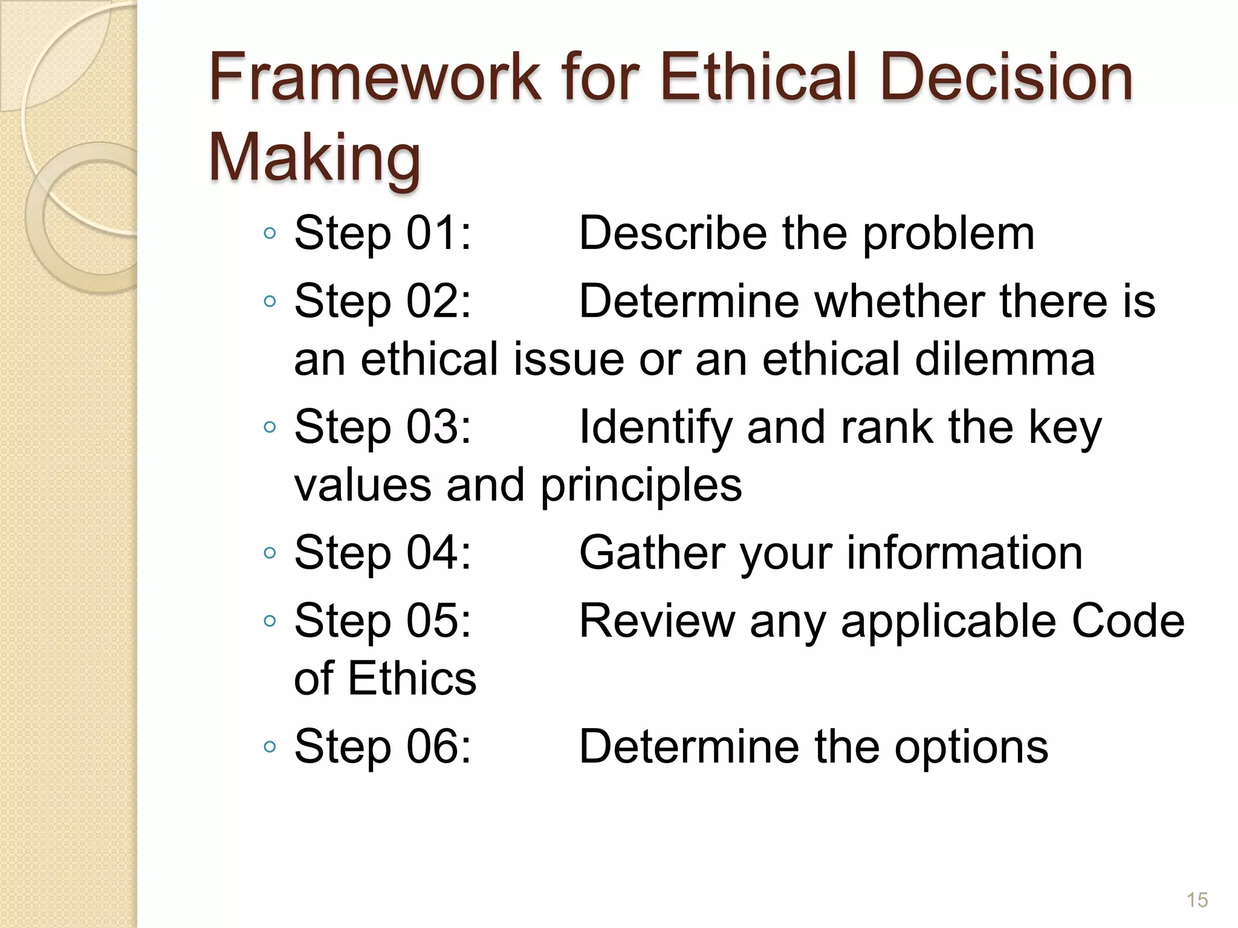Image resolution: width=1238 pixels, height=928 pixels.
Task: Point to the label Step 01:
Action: pyautogui.click(x=382, y=233)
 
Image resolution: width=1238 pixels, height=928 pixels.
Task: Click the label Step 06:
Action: pyautogui.click(x=382, y=746)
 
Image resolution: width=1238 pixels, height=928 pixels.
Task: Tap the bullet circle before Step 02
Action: pyautogui.click(x=270, y=301)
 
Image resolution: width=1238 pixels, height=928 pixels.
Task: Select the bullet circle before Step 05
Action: pyautogui.click(x=270, y=620)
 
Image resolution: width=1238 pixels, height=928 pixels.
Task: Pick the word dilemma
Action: pyautogui.click(x=1004, y=359)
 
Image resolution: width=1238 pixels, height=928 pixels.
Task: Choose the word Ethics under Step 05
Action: pyautogui.click(x=412, y=678)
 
